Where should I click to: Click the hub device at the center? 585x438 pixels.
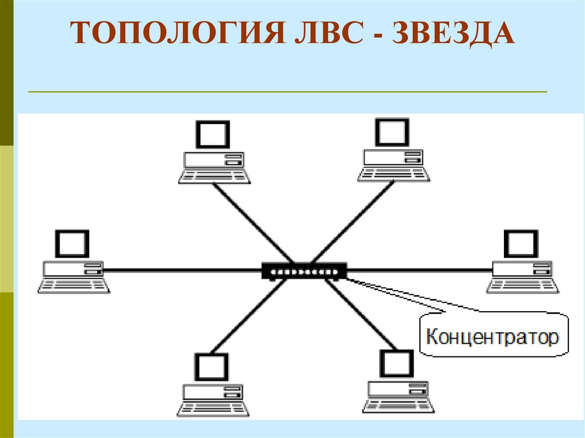tap(304, 270)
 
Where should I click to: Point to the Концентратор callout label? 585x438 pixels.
tap(492, 337)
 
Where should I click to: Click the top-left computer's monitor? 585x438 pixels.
tap(213, 135)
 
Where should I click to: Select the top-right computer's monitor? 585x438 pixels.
tap(392, 132)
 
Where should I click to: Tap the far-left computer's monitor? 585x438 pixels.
tap(73, 244)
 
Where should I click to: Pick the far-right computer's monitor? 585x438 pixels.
tap(521, 244)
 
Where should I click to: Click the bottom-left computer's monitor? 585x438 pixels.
tap(212, 368)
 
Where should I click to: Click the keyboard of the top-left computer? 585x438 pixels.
tap(214, 176)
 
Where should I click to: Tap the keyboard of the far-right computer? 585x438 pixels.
tap(523, 286)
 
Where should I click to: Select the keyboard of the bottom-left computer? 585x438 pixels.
tap(213, 409)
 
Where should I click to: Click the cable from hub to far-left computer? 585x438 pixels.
tap(183, 270)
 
